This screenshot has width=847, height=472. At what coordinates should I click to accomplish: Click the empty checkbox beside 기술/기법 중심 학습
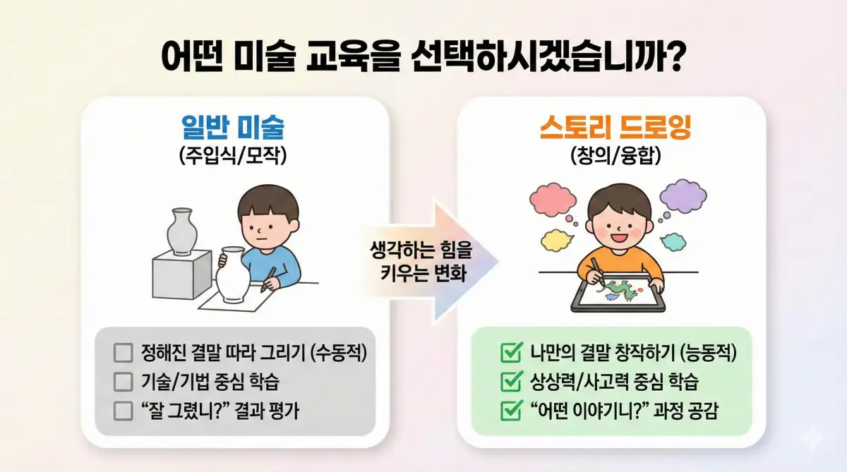click(123, 382)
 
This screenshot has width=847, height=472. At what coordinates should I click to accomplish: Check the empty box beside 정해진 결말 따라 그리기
click(123, 352)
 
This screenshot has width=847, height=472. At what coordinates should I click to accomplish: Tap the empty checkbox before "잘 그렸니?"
click(123, 411)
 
